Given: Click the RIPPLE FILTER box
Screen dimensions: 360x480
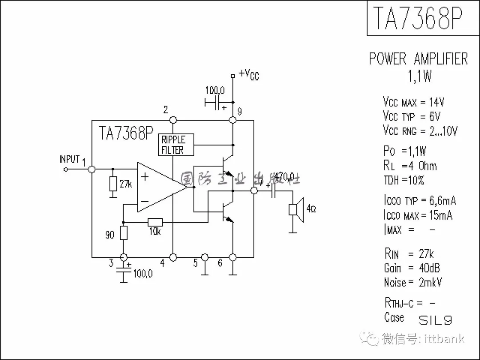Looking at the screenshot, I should pyautogui.click(x=176, y=144).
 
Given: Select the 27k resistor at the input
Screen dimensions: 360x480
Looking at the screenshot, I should pyautogui.click(x=113, y=184).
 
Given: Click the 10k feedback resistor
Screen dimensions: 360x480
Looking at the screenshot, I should pyautogui.click(x=155, y=222).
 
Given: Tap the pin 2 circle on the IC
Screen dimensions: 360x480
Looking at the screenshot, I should pyautogui.click(x=173, y=120).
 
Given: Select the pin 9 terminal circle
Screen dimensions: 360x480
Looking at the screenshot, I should pyautogui.click(x=232, y=120).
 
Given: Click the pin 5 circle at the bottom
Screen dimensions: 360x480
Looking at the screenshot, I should pyautogui.click(x=204, y=257).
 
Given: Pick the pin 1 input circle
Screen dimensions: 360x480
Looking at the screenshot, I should pyautogui.click(x=92, y=169).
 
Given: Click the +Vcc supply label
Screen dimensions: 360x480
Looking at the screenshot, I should pyautogui.click(x=248, y=75).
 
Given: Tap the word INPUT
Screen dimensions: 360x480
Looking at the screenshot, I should pyautogui.click(x=70, y=159).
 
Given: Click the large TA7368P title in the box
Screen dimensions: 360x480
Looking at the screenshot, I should pyautogui.click(x=417, y=19).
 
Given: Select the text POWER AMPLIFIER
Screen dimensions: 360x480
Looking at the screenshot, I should pyautogui.click(x=418, y=59).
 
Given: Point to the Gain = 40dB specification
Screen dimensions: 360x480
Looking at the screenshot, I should pyautogui.click(x=412, y=268).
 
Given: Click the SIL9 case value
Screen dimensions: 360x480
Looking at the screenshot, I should pyautogui.click(x=436, y=320).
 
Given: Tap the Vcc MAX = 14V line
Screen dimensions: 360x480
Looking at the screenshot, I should pyautogui.click(x=413, y=102).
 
